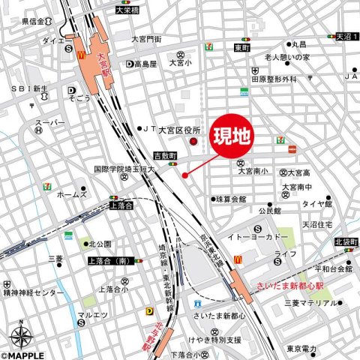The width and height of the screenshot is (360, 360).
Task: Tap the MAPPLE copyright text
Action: point(22,355)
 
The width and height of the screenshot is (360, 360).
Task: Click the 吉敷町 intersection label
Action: point(163,155)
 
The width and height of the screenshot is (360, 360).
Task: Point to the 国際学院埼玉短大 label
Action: point(124,171)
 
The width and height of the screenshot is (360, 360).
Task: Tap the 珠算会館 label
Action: point(230,199)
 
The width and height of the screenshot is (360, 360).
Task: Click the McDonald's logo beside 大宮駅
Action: point(78,54)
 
